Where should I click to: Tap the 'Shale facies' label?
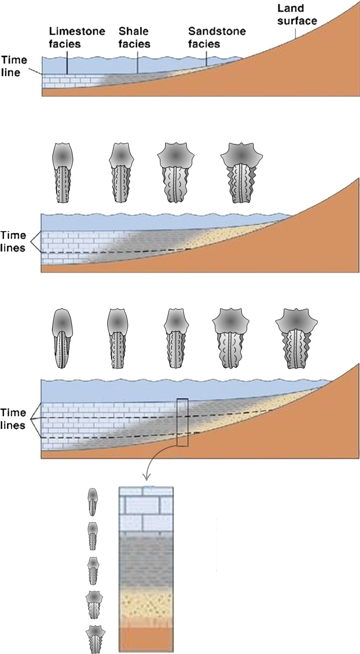pos(134,37)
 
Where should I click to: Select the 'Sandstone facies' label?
pos(217,37)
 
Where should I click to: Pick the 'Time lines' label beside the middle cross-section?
pos(13,241)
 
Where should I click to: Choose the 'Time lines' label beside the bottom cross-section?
pos(13,419)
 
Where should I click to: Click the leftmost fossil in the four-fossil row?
pos(63,173)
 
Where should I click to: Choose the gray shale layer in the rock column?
pos(146,562)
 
